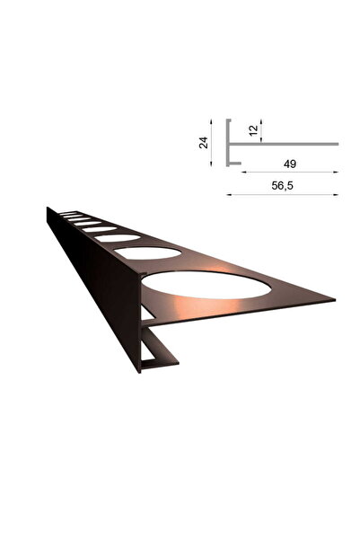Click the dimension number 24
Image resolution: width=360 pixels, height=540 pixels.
point(204,142)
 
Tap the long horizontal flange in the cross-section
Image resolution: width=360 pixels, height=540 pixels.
point(287,143)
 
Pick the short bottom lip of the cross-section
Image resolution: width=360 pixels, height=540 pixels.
point(234,165)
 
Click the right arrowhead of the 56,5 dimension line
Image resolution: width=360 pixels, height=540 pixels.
point(336,193)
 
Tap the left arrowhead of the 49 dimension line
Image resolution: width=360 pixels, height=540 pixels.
point(242,171)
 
